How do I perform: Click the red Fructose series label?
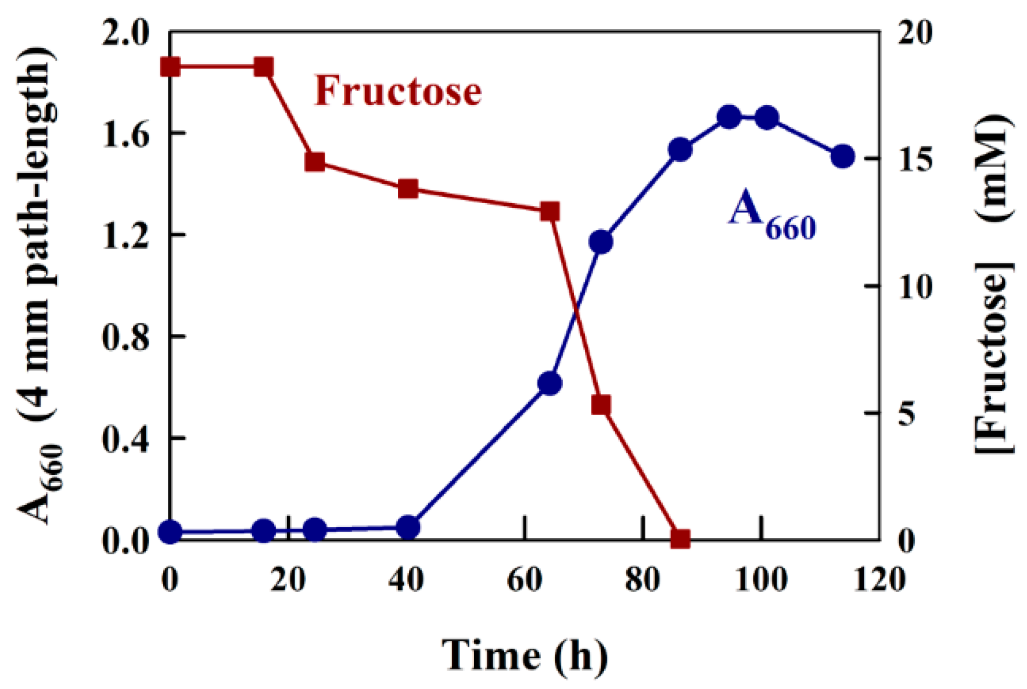[x=398, y=91]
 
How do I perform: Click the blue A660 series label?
[x=771, y=215]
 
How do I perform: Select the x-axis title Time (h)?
[x=525, y=655]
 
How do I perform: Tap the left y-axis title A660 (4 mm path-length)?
[x=38, y=284]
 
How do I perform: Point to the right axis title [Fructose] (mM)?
[x=993, y=284]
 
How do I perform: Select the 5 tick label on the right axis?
[x=907, y=413]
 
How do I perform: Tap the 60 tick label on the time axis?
[x=525, y=579]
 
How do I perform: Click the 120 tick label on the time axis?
[x=879, y=579]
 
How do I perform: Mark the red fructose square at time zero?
[x=170, y=67]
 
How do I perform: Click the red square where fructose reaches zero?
[x=680, y=539]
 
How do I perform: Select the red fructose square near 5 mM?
[x=601, y=405]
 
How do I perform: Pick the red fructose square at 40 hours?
[x=408, y=189]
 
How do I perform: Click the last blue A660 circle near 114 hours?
[x=843, y=157]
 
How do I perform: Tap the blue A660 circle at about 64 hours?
[x=550, y=384]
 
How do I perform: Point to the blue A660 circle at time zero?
[x=170, y=531]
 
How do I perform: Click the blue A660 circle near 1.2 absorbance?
[x=601, y=242]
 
